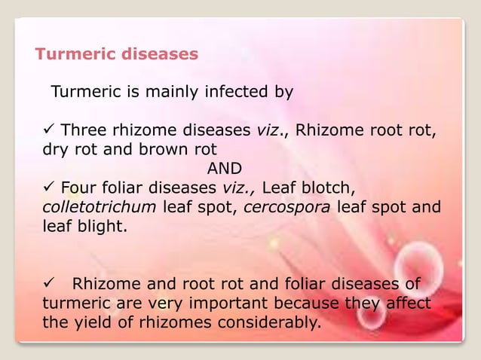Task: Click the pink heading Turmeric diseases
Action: coord(117,54)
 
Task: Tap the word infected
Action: coord(222,93)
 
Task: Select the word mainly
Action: coord(164,93)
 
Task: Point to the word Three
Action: coord(83,129)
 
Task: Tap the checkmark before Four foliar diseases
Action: coord(48,187)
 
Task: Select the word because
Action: coord(324,304)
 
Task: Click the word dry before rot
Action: coord(54,148)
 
